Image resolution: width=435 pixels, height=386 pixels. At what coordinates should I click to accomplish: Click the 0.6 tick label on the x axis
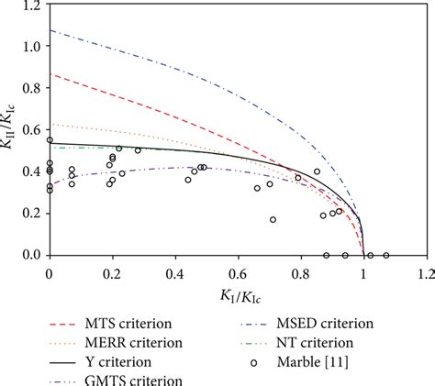pyautogui.click(x=239, y=271)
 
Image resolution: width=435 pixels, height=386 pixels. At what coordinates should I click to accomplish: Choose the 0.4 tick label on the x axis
pyautogui.click(x=175, y=271)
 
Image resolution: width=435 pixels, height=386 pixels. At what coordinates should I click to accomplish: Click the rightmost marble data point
pyautogui.click(x=385, y=255)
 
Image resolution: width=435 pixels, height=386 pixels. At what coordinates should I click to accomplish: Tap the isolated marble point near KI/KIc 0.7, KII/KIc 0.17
pyautogui.click(x=273, y=219)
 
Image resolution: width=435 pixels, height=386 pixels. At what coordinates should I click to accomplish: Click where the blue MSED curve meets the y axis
pyautogui.click(x=50, y=30)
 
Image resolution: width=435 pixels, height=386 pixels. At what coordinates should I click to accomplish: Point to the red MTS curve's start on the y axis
pyautogui.click(x=50, y=74)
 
